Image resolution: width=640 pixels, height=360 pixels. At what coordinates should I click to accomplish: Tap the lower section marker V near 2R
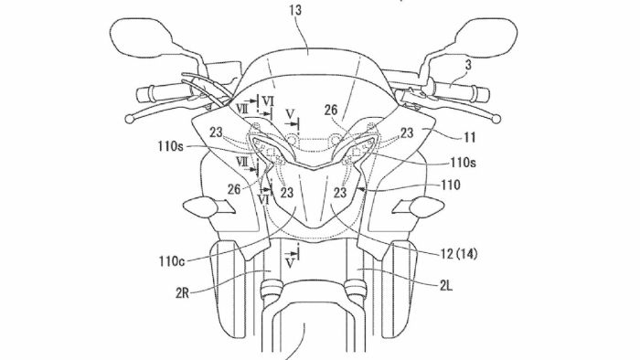tap(292, 259)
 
